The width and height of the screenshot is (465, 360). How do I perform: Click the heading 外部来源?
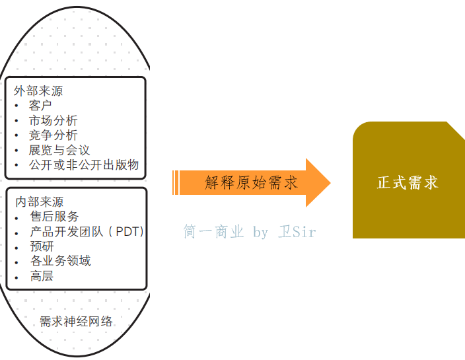[38, 91]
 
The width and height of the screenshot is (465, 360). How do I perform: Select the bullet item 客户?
[40, 106]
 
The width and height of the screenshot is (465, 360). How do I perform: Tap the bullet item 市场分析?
[53, 121]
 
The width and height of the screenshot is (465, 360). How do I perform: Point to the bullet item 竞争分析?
[53, 135]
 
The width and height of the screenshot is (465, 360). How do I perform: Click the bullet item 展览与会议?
[59, 150]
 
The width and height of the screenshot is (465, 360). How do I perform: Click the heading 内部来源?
[39, 201]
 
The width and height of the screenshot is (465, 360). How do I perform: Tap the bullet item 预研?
[42, 246]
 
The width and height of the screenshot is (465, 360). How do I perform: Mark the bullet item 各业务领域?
[60, 260]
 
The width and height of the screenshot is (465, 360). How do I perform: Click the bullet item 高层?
[42, 275]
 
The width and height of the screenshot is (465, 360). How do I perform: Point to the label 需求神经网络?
[76, 322]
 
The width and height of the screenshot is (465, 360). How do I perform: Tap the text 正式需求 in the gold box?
[408, 182]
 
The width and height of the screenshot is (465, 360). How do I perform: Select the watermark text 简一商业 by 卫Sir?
[250, 232]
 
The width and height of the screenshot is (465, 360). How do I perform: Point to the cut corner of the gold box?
[456, 130]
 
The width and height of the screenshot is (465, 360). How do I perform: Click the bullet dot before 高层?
[17, 276]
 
